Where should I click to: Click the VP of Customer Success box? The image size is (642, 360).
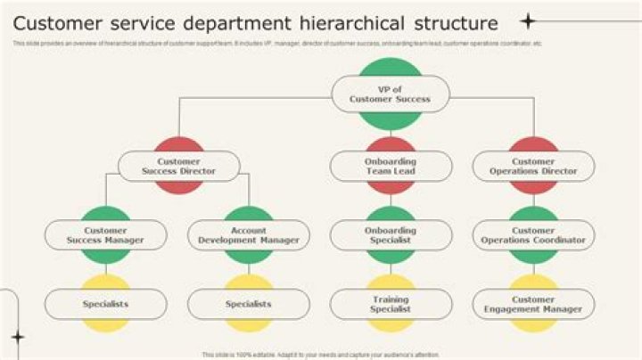click(x=391, y=94)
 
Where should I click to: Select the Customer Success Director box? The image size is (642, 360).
click(x=179, y=166)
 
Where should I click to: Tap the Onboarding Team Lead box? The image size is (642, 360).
click(x=391, y=166)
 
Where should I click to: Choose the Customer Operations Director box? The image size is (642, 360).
click(x=533, y=166)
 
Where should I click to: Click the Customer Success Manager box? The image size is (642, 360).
click(x=105, y=235)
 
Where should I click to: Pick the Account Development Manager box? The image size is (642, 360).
click(x=249, y=235)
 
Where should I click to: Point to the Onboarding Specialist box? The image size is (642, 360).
click(x=391, y=235)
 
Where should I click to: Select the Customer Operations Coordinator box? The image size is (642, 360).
click(x=533, y=235)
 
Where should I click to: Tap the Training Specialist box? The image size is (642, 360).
click(x=391, y=304)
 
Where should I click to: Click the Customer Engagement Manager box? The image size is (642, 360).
click(x=533, y=304)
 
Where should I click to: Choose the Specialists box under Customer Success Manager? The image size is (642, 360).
click(x=105, y=304)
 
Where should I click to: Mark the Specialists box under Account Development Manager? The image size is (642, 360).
click(x=249, y=304)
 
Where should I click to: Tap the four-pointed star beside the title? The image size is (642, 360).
click(x=528, y=20)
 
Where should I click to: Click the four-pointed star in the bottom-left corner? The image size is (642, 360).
click(x=17, y=337)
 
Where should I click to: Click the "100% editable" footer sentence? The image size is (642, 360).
click(x=320, y=354)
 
